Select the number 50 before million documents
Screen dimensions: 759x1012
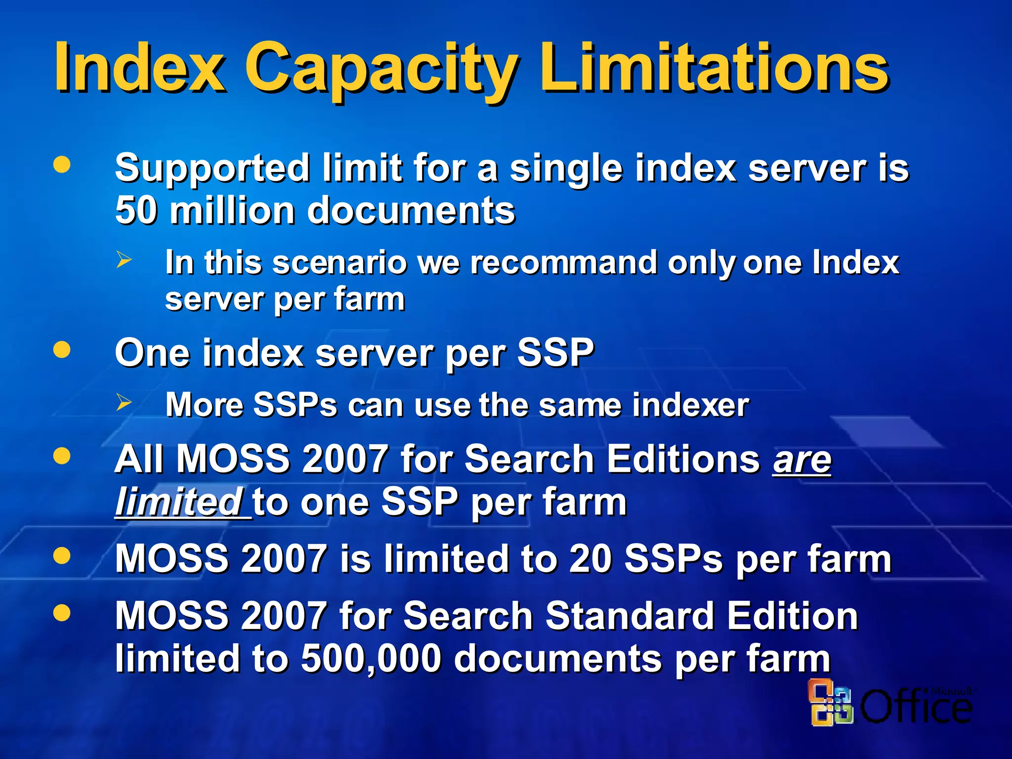coord(136,211)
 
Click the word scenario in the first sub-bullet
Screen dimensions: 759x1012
coord(340,262)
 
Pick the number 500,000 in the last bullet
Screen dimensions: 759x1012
coord(371,659)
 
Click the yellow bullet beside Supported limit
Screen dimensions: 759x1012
coord(62,165)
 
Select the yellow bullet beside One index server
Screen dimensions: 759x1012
coord(62,350)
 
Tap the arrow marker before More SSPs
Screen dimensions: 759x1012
coord(124,402)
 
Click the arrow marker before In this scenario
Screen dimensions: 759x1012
coord(124,259)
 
